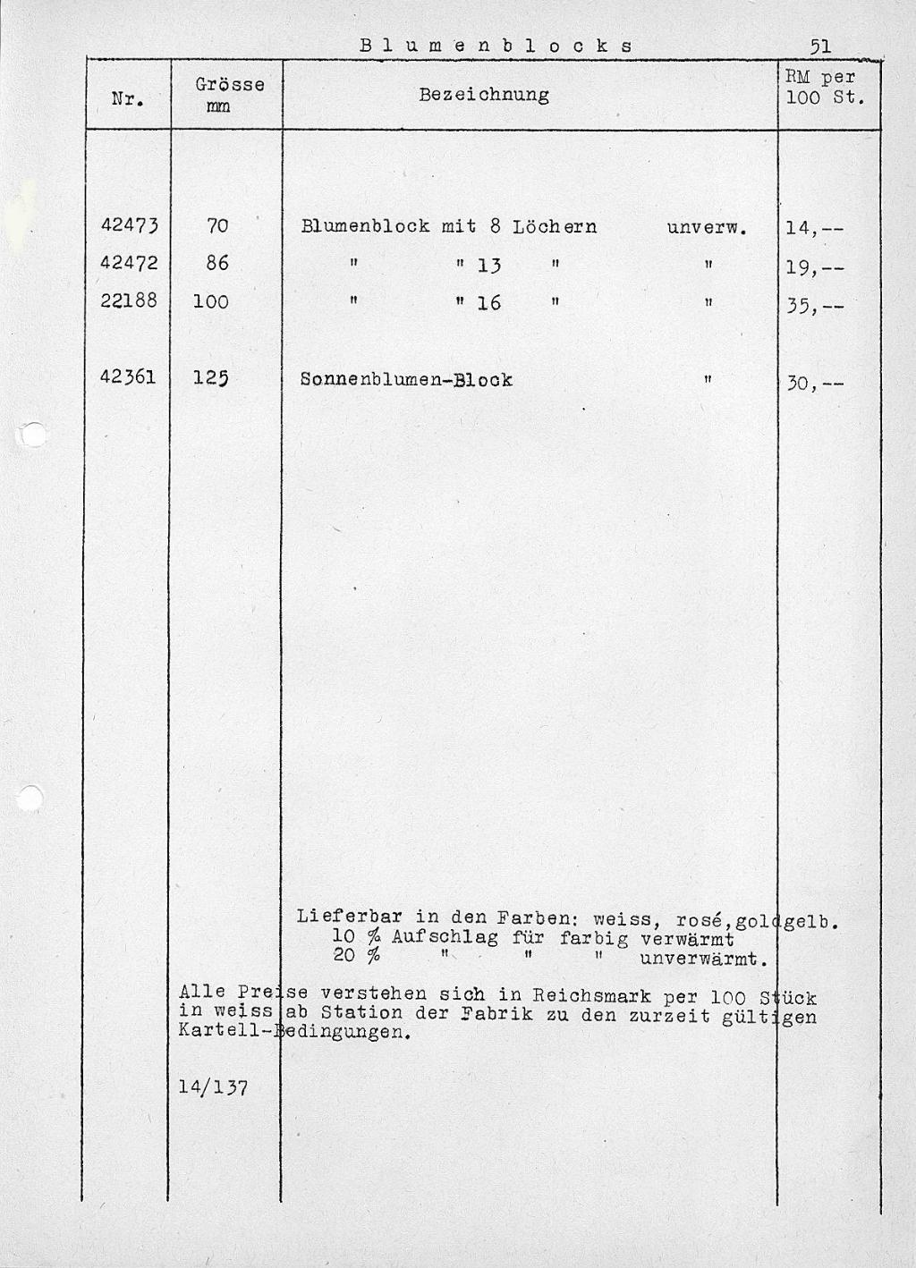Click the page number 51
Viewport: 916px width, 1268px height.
[x=820, y=45]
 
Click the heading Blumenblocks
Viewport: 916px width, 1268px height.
[x=496, y=45]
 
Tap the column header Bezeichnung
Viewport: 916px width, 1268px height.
[x=484, y=95]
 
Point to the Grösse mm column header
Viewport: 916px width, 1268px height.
[x=229, y=95]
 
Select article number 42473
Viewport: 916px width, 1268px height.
[x=129, y=225]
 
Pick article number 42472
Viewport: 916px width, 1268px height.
[x=129, y=264]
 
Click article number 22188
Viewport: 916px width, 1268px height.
[x=129, y=301]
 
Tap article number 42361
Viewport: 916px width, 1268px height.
[x=129, y=377]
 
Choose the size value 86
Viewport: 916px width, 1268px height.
[x=216, y=264]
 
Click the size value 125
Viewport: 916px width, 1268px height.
[x=211, y=378]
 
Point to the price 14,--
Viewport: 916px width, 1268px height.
[x=814, y=228]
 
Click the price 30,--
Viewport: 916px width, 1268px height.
[x=814, y=385]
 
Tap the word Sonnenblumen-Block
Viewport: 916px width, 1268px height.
[x=406, y=379]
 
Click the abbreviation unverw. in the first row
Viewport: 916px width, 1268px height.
[x=707, y=227]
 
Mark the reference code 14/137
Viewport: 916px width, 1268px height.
[x=213, y=1087]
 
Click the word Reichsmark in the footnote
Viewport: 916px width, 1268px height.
[x=591, y=995]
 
